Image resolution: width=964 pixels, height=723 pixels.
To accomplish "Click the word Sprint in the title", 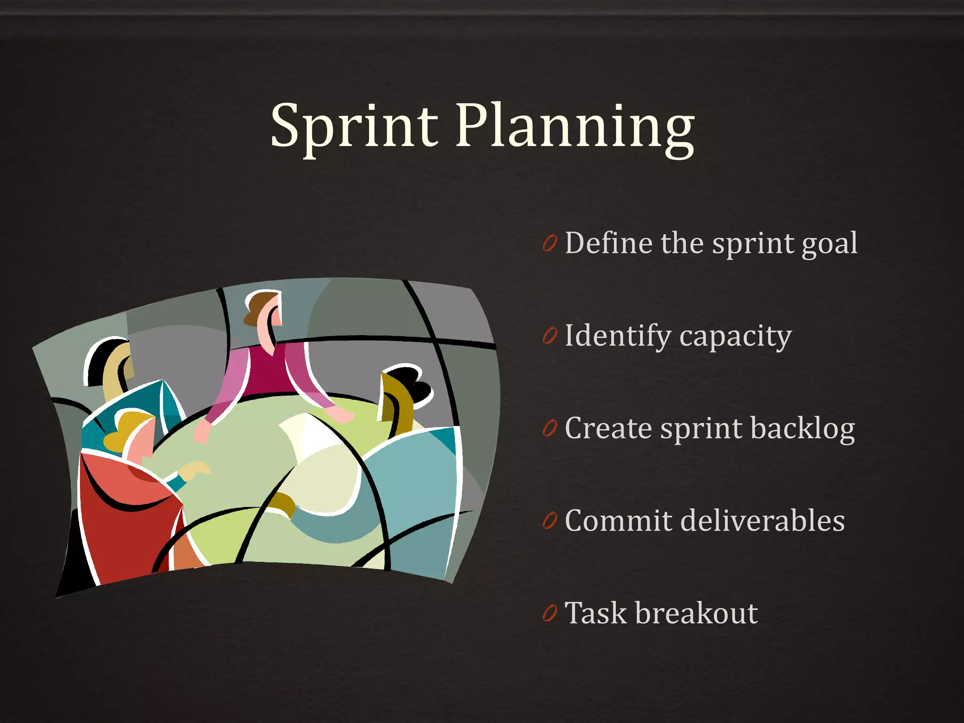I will pyautogui.click(x=354, y=126).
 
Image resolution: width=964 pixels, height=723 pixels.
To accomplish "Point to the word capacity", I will pyautogui.click(x=736, y=337).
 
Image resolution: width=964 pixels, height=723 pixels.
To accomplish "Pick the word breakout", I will pyautogui.click(x=696, y=613).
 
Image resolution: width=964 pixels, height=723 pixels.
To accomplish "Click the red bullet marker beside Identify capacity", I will pyautogui.click(x=549, y=336).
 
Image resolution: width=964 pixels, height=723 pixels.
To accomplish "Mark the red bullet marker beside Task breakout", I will pyautogui.click(x=549, y=613).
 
